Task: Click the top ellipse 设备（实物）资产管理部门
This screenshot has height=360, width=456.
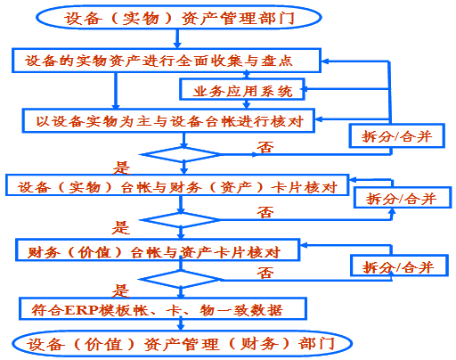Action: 179,17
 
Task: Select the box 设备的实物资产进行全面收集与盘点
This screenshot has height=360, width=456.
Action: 167,61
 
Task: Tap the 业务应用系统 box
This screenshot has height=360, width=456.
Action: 242,89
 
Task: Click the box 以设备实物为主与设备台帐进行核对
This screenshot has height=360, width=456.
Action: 168,120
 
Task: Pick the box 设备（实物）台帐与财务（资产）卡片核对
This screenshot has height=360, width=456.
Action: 177,185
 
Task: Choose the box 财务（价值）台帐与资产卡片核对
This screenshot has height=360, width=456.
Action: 158,250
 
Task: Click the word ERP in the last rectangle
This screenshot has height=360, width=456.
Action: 81,310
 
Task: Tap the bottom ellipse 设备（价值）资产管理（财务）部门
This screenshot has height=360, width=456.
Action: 182,344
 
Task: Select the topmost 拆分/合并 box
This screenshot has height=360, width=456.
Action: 396,135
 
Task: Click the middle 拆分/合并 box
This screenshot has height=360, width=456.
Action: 403,198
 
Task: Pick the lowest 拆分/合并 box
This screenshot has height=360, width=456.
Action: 399,266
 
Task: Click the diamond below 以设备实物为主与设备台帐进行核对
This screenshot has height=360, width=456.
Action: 181,154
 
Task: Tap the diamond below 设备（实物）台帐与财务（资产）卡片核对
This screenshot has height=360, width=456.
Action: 180,220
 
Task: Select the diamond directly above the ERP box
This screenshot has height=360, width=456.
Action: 180,280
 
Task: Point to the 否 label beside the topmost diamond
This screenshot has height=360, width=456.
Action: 265,147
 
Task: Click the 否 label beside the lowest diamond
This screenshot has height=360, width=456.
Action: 265,272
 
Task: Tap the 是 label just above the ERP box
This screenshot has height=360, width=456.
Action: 120,290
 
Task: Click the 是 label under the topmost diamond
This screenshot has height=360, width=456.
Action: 121,168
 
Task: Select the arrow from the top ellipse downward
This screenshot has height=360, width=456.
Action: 177,38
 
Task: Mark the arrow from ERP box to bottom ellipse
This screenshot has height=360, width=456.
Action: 181,324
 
